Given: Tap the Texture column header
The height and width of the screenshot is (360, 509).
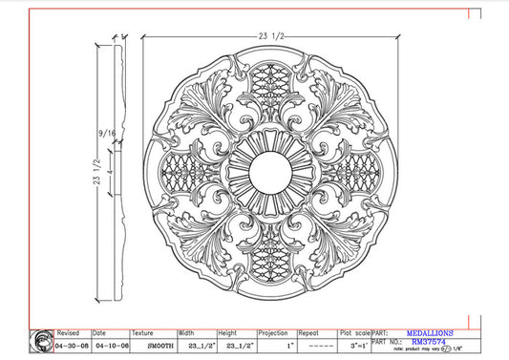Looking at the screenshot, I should pos(142,334).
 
